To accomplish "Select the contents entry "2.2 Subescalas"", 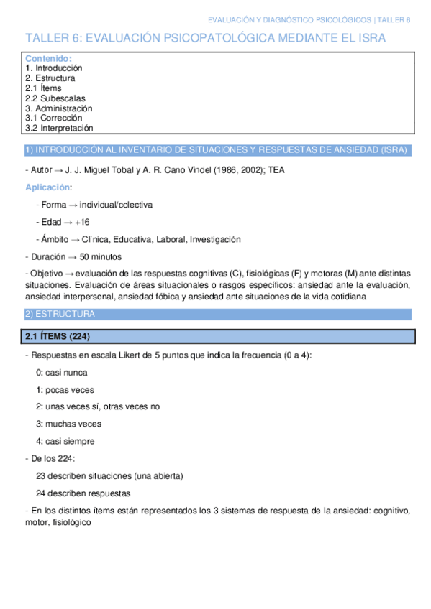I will pyautogui.click(x=55, y=98).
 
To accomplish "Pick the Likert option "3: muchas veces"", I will pyautogui.click(x=68, y=424).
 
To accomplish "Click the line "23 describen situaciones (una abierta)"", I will pyautogui.click(x=109, y=475).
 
